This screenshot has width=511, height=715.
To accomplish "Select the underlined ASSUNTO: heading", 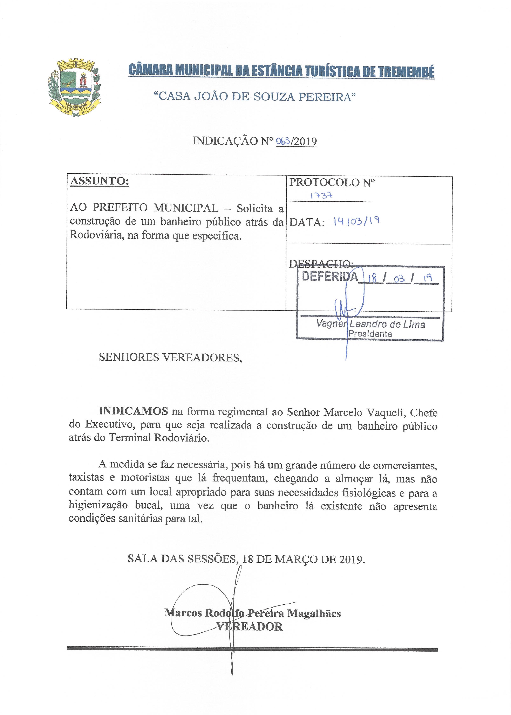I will click(100, 181).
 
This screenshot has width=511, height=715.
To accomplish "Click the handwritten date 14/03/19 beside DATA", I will click(356, 222).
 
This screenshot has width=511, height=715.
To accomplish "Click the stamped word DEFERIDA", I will click(330, 276).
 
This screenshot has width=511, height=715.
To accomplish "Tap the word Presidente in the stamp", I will click(370, 334).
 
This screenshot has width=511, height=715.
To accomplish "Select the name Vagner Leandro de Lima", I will click(371, 324).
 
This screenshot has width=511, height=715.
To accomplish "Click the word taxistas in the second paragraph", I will click(86, 477).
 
